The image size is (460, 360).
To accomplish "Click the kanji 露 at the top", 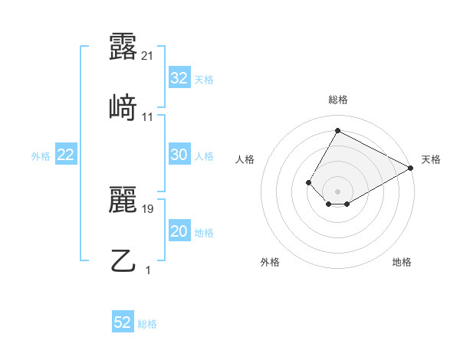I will (123, 47).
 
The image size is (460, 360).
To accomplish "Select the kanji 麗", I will (123, 201).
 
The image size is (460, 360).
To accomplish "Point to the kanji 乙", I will (123, 260).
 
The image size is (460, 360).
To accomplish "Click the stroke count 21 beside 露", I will (149, 56).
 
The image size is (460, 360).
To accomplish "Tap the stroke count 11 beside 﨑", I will (149, 116).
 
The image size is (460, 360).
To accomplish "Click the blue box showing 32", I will (179, 77).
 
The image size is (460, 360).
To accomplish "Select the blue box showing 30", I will (179, 155).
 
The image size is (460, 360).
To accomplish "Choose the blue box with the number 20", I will (179, 231).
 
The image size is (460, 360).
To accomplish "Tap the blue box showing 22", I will (66, 155).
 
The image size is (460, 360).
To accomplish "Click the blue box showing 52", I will (123, 322).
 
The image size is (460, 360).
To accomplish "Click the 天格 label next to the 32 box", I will (204, 79).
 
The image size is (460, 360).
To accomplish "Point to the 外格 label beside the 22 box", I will (41, 155).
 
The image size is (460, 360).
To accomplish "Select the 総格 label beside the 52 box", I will (147, 323).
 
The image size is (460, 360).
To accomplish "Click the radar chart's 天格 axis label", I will (431, 159).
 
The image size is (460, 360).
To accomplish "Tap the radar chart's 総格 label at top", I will (338, 100).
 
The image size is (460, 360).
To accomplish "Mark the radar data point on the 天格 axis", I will (412, 168).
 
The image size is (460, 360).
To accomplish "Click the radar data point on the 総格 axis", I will (337, 130).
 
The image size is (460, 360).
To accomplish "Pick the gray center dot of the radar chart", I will (337, 191).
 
